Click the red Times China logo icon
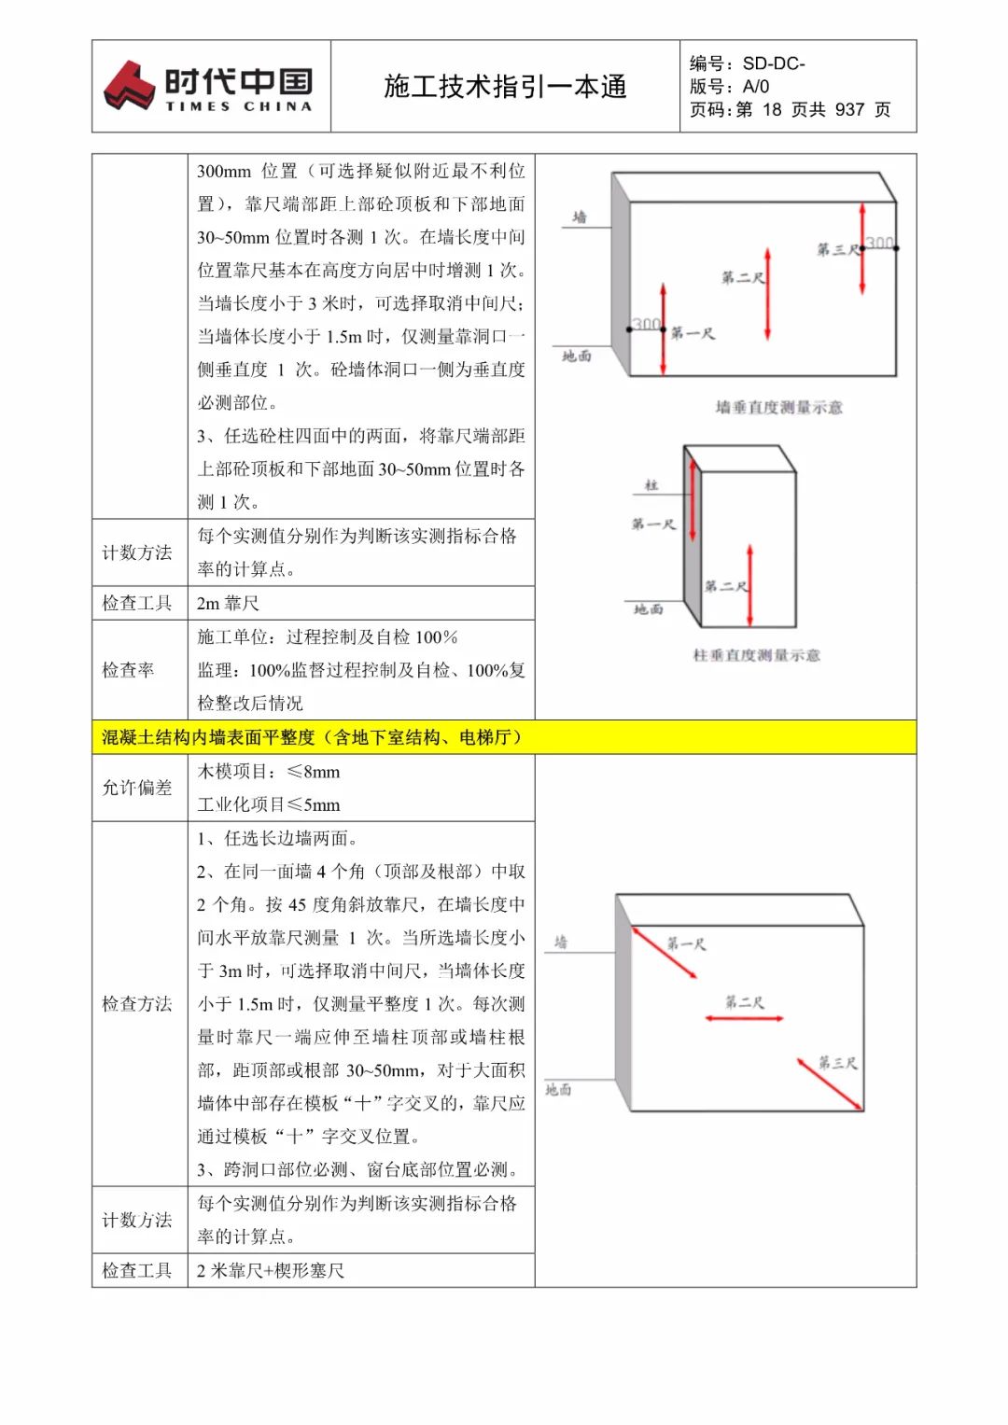point(129,85)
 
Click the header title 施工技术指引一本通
point(505,87)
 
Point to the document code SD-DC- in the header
point(774,63)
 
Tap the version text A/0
point(756,87)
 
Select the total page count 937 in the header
point(849,110)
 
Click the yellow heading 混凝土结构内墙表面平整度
point(312,737)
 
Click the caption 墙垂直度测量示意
point(778,407)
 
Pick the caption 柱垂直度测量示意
point(756,655)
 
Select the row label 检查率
point(128,670)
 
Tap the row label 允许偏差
point(137,788)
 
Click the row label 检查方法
point(137,1004)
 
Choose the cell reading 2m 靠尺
point(228,603)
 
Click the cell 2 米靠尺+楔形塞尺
point(271,1270)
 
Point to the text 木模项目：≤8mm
point(269,772)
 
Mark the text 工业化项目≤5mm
point(269,804)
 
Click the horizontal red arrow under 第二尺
point(744,1018)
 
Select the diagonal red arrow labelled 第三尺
point(829,1084)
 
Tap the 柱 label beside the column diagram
point(651,485)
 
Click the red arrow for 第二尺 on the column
point(749,586)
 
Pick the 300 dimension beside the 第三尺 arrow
point(879,244)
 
